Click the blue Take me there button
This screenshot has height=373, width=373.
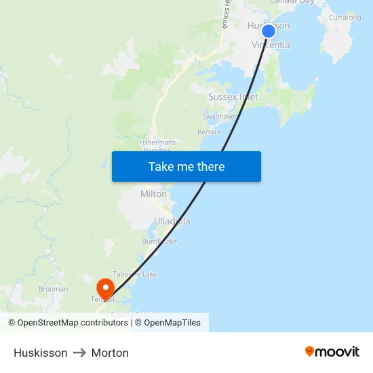[x=186, y=166]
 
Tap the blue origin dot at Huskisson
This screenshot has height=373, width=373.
[x=269, y=31]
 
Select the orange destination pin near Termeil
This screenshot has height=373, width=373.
[x=106, y=288]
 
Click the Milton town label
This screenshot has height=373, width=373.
[x=153, y=194]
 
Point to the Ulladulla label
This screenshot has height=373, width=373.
[x=172, y=221]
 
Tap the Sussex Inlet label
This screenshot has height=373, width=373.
[x=233, y=97]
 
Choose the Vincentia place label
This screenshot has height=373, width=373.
[x=271, y=45]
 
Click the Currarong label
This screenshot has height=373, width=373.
[x=345, y=18]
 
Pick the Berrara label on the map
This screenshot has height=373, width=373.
[x=209, y=132]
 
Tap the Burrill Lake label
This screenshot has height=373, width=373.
[x=159, y=241]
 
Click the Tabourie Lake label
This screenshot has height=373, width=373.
[x=134, y=274]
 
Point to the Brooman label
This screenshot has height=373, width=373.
[x=53, y=289]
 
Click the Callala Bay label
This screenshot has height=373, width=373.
[x=296, y=2]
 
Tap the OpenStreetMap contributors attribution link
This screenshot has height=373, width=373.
[x=73, y=323]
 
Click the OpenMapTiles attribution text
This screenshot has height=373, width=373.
[x=172, y=323]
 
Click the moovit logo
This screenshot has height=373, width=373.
[x=332, y=351]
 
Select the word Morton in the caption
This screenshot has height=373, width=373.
[x=110, y=353]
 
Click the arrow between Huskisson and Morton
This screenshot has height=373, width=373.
[x=79, y=353]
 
